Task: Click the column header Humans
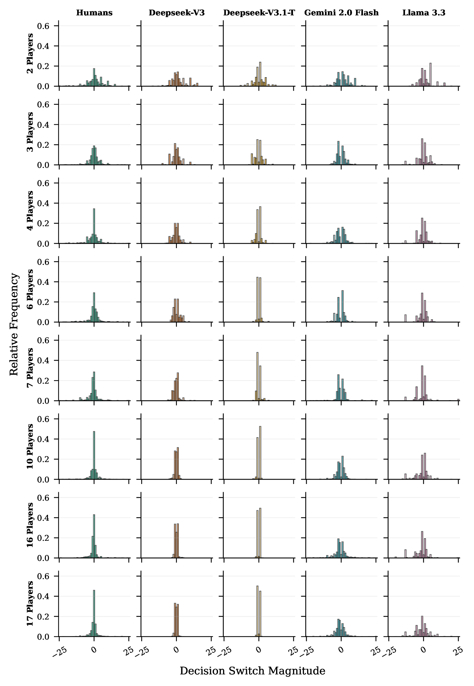(94, 13)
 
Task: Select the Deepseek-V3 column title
(177, 13)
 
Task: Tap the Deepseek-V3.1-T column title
(259, 13)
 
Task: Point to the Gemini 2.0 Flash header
(341, 13)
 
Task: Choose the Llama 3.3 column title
(424, 13)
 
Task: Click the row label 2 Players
(30, 53)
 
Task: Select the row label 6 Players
(30, 289)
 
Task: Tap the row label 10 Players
(30, 446)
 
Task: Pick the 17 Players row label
(30, 604)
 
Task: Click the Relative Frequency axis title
(14, 324)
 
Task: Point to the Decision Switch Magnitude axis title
(252, 671)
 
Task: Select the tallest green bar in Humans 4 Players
(94, 226)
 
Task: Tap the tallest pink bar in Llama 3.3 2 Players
(430, 75)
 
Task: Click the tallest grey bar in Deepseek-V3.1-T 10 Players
(260, 453)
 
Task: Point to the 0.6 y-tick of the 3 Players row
(44, 104)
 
